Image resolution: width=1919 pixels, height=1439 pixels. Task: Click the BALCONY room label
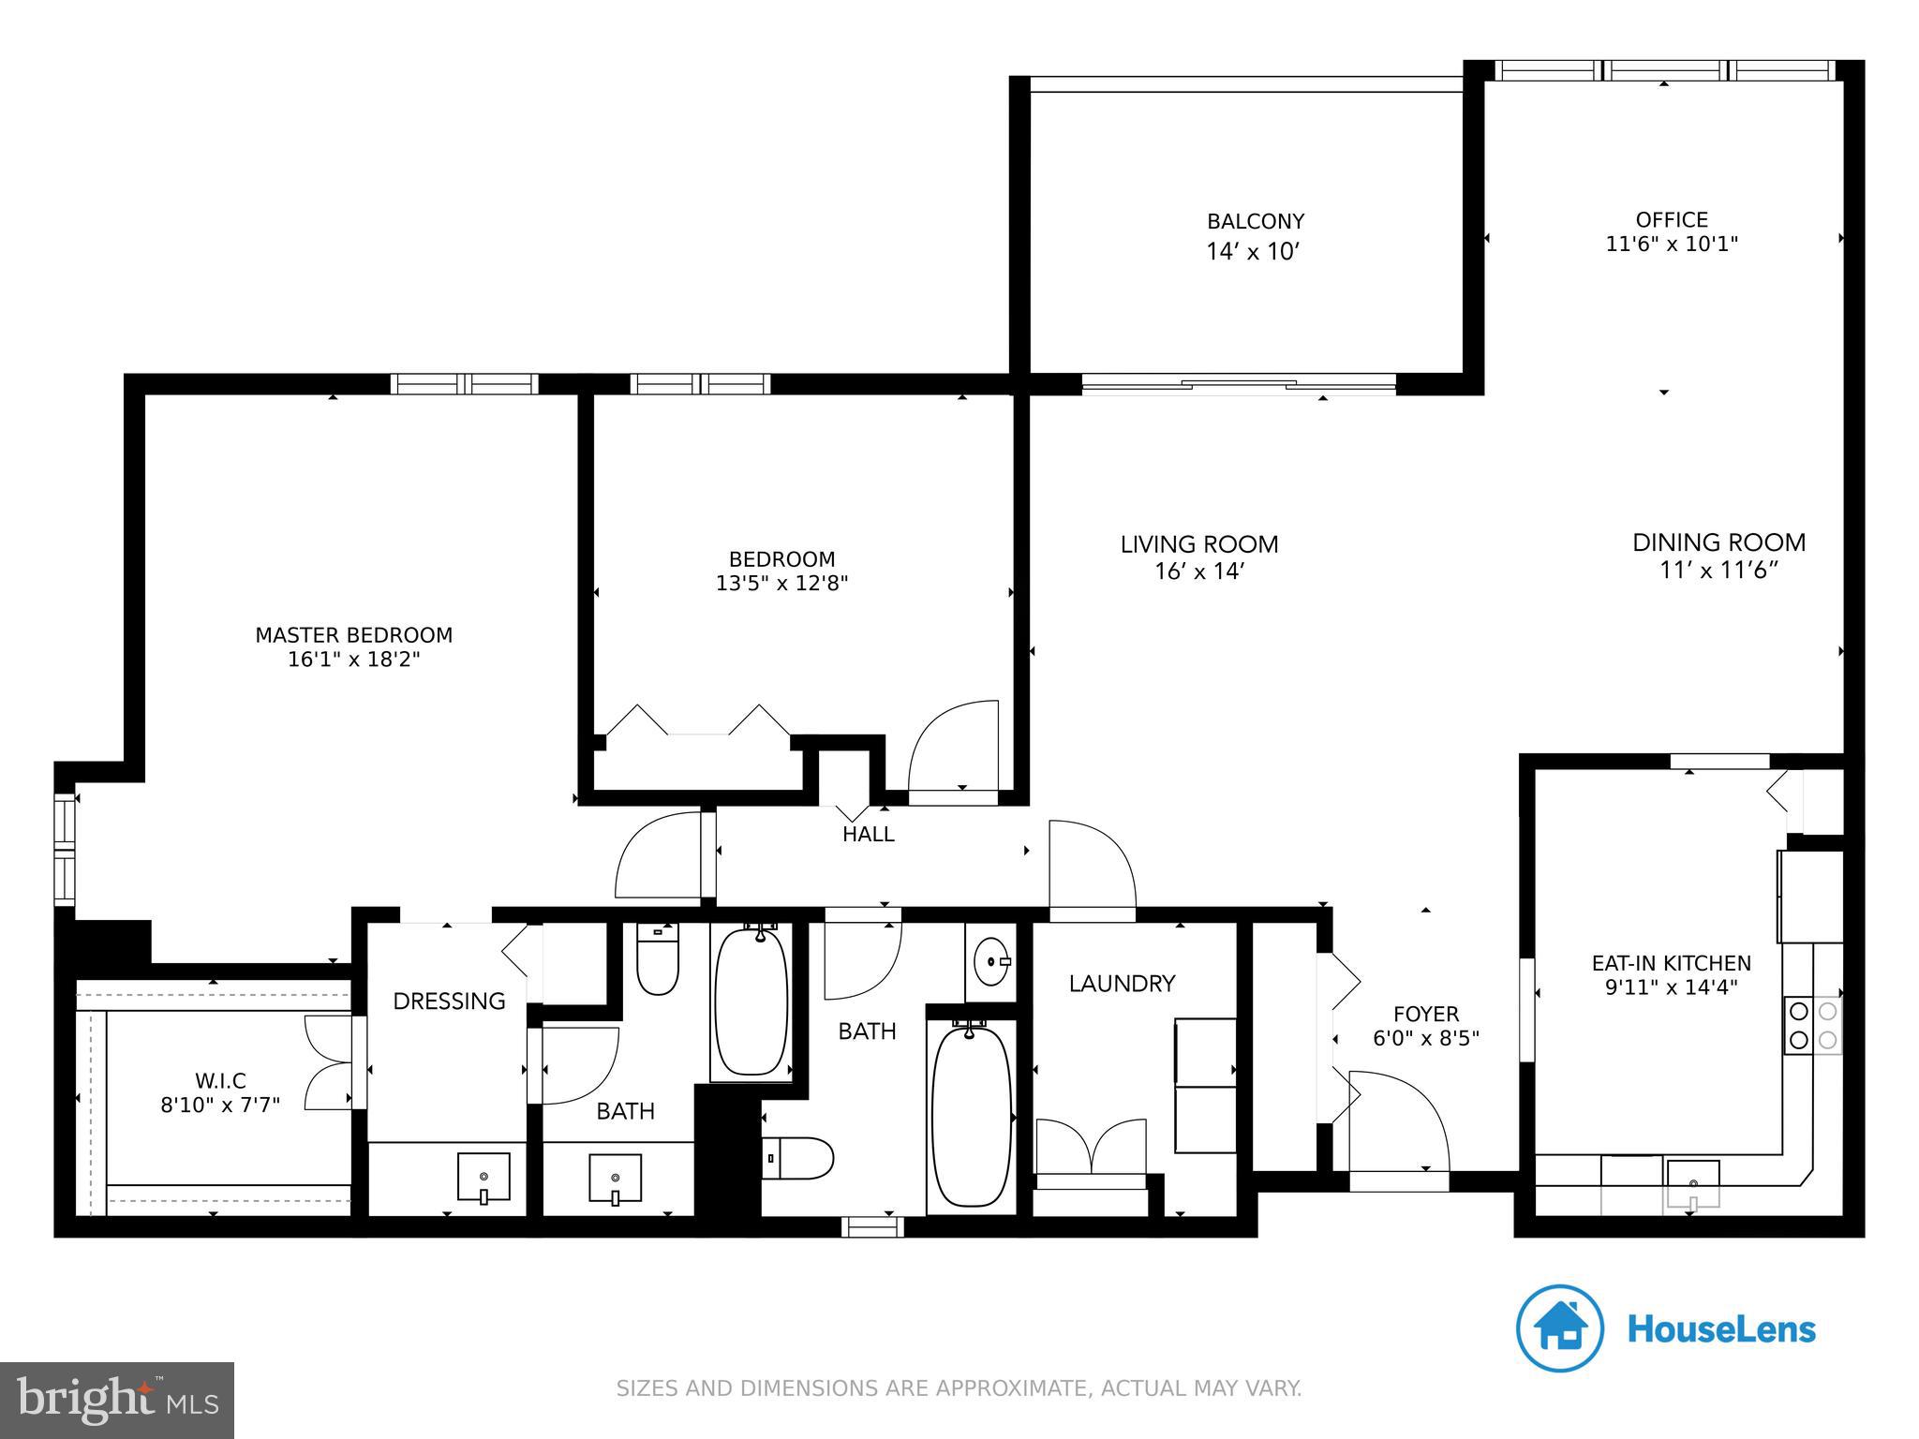[1255, 222]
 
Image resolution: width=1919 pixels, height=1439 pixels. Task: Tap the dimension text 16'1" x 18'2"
[353, 660]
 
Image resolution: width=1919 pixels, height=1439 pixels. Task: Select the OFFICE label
[1672, 220]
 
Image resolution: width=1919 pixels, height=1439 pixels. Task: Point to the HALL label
[868, 834]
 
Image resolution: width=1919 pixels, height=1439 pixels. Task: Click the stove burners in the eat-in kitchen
[1813, 1025]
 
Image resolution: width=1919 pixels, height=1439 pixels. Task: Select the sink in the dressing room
[483, 1177]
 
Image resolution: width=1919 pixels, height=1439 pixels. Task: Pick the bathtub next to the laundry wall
[972, 1115]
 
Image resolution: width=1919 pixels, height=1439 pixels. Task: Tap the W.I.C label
[221, 1081]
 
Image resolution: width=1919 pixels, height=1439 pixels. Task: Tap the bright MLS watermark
[116, 1400]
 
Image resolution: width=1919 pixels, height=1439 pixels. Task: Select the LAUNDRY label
[1122, 984]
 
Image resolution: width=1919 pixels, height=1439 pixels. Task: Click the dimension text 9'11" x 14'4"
[1671, 987]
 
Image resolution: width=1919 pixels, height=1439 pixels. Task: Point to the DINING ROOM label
[1718, 542]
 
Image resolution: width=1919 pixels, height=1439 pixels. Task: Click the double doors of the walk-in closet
[329, 1062]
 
